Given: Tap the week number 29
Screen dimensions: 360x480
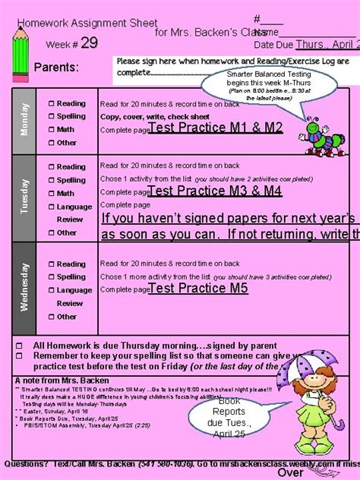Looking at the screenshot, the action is (89, 43).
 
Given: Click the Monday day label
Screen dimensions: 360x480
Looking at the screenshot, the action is (25, 119).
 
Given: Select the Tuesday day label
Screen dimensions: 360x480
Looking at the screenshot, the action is (25, 195).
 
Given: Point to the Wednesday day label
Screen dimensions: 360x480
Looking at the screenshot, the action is (25, 286).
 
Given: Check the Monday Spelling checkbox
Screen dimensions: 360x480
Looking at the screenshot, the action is (50, 116).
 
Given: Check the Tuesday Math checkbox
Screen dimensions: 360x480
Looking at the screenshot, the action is (50, 194).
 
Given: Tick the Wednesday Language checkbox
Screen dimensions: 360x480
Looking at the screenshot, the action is (50, 290).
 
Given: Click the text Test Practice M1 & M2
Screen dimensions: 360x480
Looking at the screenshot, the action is (215, 128).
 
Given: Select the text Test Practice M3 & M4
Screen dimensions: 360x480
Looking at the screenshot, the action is (215, 191).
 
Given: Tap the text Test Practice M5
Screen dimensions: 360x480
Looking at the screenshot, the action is (198, 289).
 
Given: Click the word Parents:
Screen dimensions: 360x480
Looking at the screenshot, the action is (57, 68).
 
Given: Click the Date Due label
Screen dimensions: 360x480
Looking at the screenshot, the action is (274, 45).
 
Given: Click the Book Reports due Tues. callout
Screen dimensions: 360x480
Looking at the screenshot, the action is (229, 417).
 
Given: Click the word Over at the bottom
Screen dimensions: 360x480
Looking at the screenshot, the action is (291, 472).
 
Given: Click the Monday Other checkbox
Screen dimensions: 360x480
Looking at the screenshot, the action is (50, 143).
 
